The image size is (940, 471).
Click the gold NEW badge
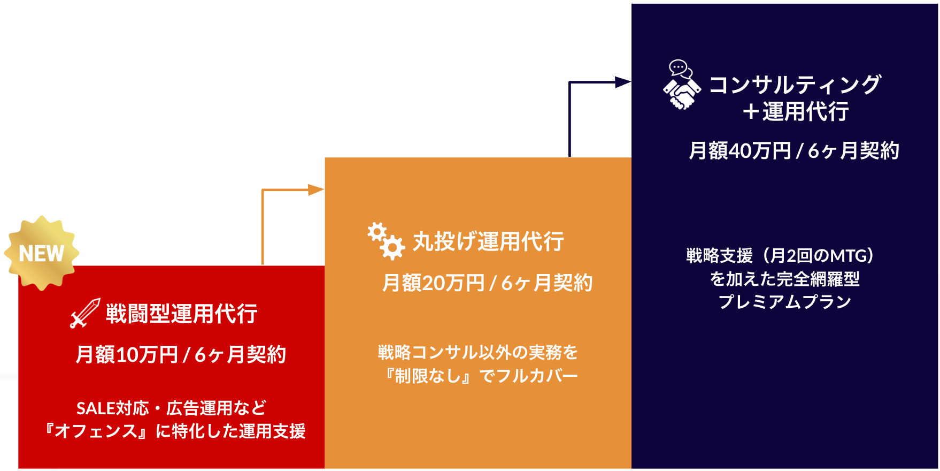42,253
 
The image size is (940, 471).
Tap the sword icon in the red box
85,313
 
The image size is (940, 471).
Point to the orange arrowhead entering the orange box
316,190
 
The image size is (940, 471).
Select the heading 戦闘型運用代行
181,314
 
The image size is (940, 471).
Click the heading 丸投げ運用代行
488,241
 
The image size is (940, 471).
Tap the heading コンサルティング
795,85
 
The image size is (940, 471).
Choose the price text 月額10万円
127,354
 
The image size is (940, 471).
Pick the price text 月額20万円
433,283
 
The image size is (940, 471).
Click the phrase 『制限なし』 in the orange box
429,376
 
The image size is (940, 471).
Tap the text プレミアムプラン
784,302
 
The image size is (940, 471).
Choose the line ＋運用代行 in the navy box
795,112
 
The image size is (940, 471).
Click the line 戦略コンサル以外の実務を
477,352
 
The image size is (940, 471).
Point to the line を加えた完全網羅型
784,279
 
